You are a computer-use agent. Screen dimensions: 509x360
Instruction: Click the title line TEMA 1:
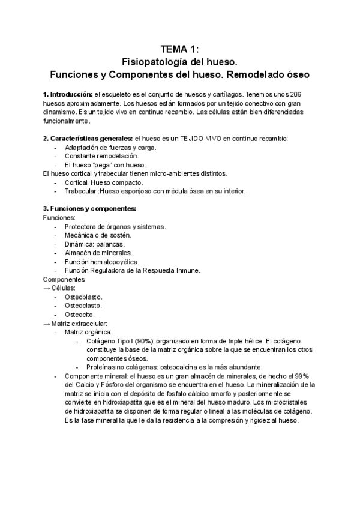pos(180,49)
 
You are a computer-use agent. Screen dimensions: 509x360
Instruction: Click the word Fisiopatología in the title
pos(150,61)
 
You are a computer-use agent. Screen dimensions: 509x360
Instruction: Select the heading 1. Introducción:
pos(68,95)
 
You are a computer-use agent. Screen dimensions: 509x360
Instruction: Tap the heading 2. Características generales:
pos(88,139)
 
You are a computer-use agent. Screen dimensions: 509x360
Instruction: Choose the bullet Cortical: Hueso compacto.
pos(104,182)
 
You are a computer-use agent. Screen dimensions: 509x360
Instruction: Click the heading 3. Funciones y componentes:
pos(89,209)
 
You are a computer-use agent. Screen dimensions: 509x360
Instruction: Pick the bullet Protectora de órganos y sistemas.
pos(115,226)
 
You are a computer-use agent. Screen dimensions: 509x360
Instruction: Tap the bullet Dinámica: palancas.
pos(95,244)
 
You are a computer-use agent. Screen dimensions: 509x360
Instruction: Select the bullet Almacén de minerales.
pos(98,253)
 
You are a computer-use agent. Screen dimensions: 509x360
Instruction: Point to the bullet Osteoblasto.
pos(83,297)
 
